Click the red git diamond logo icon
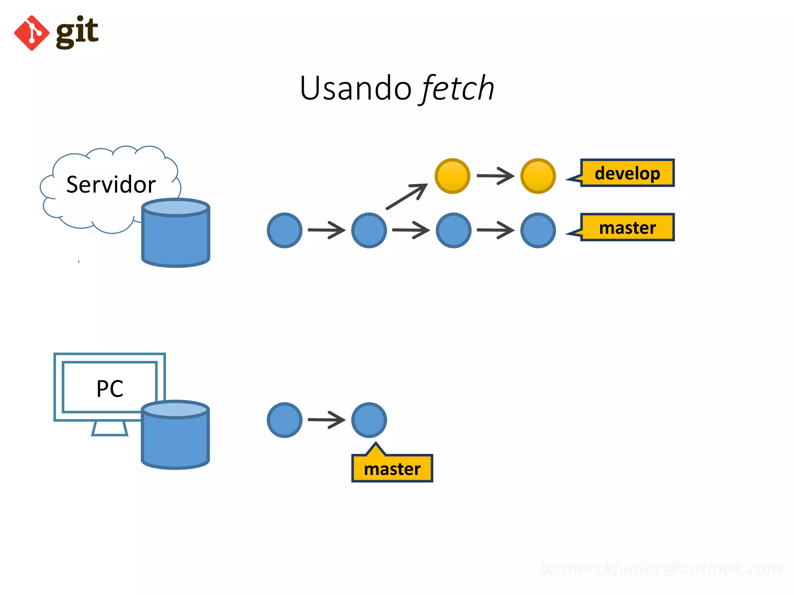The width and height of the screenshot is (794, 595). click(x=31, y=33)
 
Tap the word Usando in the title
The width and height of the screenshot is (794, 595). click(x=355, y=88)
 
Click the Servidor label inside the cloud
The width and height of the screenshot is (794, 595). click(x=111, y=184)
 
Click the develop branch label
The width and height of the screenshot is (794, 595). click(x=627, y=173)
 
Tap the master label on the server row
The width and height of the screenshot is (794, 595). click(x=627, y=227)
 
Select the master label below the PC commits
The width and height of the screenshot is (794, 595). click(x=392, y=469)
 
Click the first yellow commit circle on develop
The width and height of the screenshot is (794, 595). click(x=452, y=176)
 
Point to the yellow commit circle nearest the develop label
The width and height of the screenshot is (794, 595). click(x=538, y=176)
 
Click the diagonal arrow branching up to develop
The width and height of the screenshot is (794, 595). click(x=407, y=197)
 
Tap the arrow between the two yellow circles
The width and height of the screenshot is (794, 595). click(x=495, y=176)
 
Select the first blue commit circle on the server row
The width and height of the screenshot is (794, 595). click(x=285, y=230)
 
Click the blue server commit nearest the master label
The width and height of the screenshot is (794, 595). click(x=538, y=230)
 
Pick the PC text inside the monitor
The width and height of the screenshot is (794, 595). click(x=110, y=389)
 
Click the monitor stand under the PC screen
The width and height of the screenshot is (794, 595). click(x=109, y=429)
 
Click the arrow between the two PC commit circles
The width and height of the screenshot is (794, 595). click(x=326, y=420)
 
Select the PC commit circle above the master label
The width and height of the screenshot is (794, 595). click(x=369, y=420)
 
